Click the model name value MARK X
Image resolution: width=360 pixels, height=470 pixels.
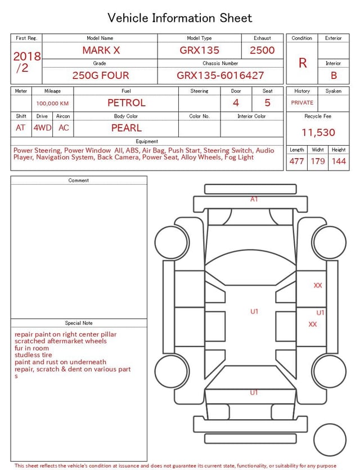(x=101, y=50)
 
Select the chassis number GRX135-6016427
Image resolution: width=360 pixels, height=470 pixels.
(x=220, y=75)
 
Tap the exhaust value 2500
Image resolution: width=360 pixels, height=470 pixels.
(x=262, y=50)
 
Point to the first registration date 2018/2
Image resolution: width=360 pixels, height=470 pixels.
(x=26, y=62)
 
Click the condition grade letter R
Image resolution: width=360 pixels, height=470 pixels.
(x=303, y=63)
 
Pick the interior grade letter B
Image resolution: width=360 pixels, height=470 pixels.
(x=334, y=75)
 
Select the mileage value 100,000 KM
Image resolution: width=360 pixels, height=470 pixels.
(x=52, y=104)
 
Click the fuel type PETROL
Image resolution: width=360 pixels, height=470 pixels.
(x=127, y=103)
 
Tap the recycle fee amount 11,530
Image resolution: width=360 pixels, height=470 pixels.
(x=318, y=132)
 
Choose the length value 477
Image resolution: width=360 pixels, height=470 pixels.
(x=296, y=161)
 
